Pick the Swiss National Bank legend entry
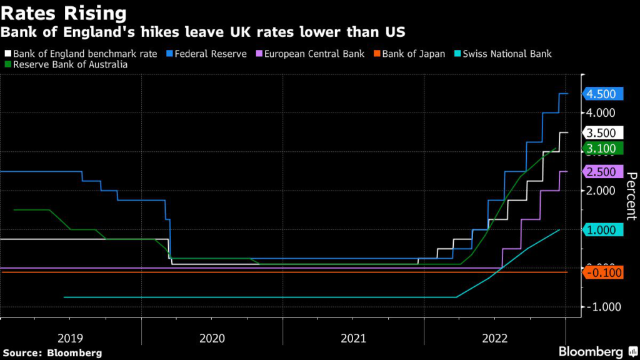pos(506,54)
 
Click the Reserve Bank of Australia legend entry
pos(66,64)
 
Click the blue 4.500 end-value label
pos(601,94)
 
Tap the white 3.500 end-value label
pos(601,132)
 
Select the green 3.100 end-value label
pos(601,148)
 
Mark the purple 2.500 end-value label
pos(601,172)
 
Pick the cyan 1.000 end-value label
pos(601,230)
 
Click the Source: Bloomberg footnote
pos(52,353)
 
